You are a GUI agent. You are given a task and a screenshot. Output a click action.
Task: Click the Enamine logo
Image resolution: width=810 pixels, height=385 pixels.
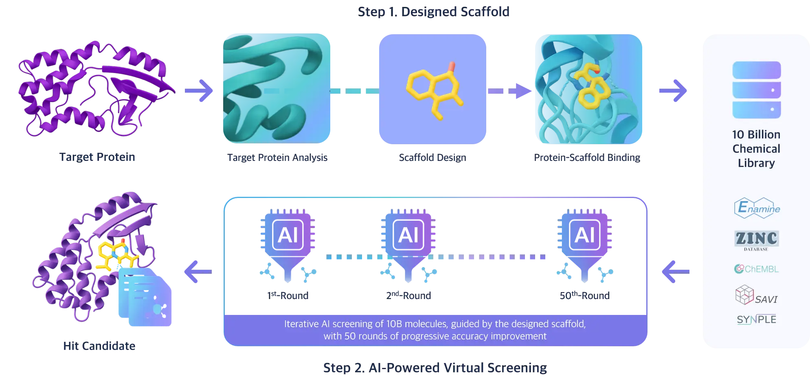pyautogui.click(x=757, y=209)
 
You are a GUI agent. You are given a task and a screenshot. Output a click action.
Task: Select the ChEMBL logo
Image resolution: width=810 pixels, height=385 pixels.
pyautogui.click(x=756, y=269)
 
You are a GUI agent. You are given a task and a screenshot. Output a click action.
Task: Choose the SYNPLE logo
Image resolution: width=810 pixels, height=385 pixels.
pyautogui.click(x=756, y=319)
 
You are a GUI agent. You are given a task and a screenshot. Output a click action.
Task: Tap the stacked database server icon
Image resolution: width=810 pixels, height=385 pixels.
pyautogui.click(x=756, y=90)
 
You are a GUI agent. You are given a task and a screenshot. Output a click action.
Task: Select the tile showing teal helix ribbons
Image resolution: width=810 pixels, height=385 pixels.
pyautogui.click(x=277, y=88)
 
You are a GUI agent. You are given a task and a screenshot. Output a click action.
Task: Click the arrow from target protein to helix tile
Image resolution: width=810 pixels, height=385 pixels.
pyautogui.click(x=198, y=90)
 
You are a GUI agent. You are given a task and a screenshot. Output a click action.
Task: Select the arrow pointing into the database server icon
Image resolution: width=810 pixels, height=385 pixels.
pyautogui.click(x=673, y=90)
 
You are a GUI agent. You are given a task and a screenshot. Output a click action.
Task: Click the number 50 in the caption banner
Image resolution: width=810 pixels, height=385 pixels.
pyautogui.click(x=350, y=336)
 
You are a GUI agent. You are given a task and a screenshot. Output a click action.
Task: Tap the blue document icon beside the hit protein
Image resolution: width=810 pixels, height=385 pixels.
pyautogui.click(x=147, y=297)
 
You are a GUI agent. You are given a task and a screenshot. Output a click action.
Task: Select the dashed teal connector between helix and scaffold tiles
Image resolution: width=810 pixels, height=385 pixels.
pyautogui.click(x=354, y=91)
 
